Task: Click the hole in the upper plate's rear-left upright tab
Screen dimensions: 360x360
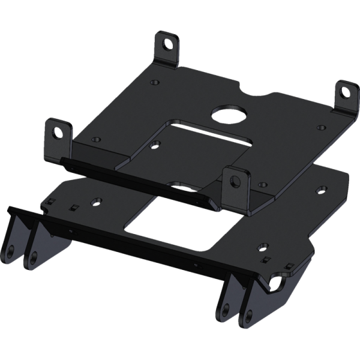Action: coord(169,44)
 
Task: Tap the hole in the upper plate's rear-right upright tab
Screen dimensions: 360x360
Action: coord(346,91)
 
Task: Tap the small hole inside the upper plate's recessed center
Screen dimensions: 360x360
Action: coord(156,144)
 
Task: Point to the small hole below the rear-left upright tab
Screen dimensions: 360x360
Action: coord(155,82)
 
